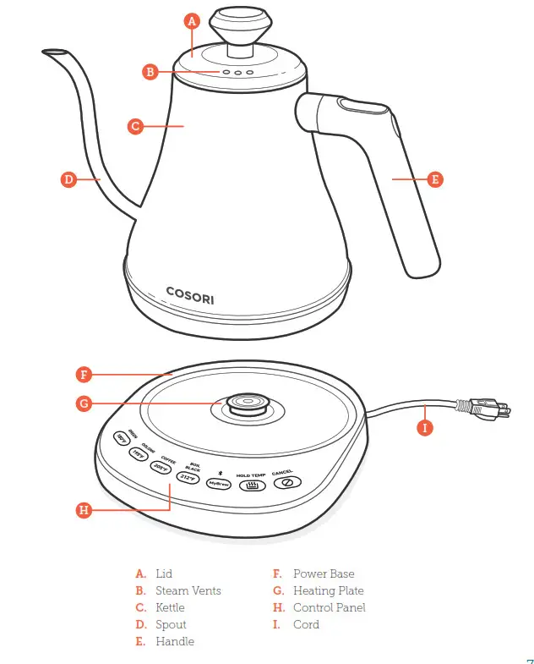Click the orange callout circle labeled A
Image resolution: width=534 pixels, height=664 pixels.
(x=192, y=22)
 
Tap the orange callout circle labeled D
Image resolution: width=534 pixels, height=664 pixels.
(x=69, y=179)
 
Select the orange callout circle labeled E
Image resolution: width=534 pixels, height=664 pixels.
(x=434, y=179)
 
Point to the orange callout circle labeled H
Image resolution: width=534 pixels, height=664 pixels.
(x=83, y=510)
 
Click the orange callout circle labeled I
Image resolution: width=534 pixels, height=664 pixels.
(x=425, y=428)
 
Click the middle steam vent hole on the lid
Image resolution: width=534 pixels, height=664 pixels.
(x=238, y=73)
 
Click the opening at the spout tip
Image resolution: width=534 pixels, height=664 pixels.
(x=52, y=52)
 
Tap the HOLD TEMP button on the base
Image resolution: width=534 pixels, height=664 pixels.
(x=251, y=486)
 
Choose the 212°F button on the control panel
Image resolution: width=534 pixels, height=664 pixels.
(x=188, y=477)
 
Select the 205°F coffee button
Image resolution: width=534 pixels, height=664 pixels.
(x=161, y=466)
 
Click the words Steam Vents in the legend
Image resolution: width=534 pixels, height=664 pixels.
(x=188, y=590)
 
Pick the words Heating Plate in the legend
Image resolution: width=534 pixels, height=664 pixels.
(x=328, y=590)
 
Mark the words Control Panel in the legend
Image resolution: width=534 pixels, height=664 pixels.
(x=330, y=607)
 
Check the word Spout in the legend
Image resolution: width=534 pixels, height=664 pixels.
(x=172, y=624)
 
